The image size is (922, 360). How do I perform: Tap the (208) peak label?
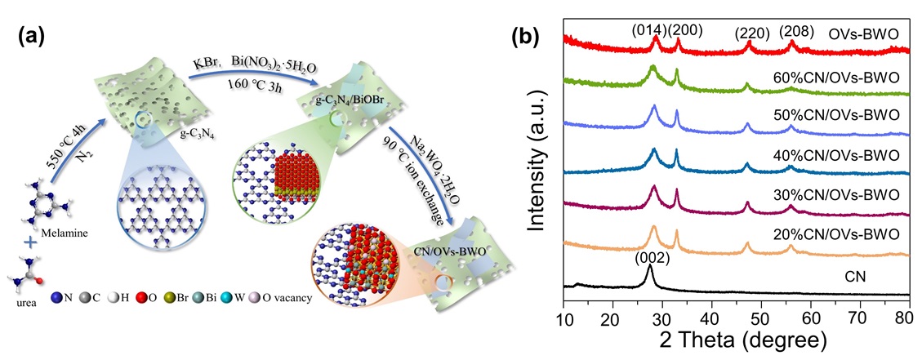(795, 31)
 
